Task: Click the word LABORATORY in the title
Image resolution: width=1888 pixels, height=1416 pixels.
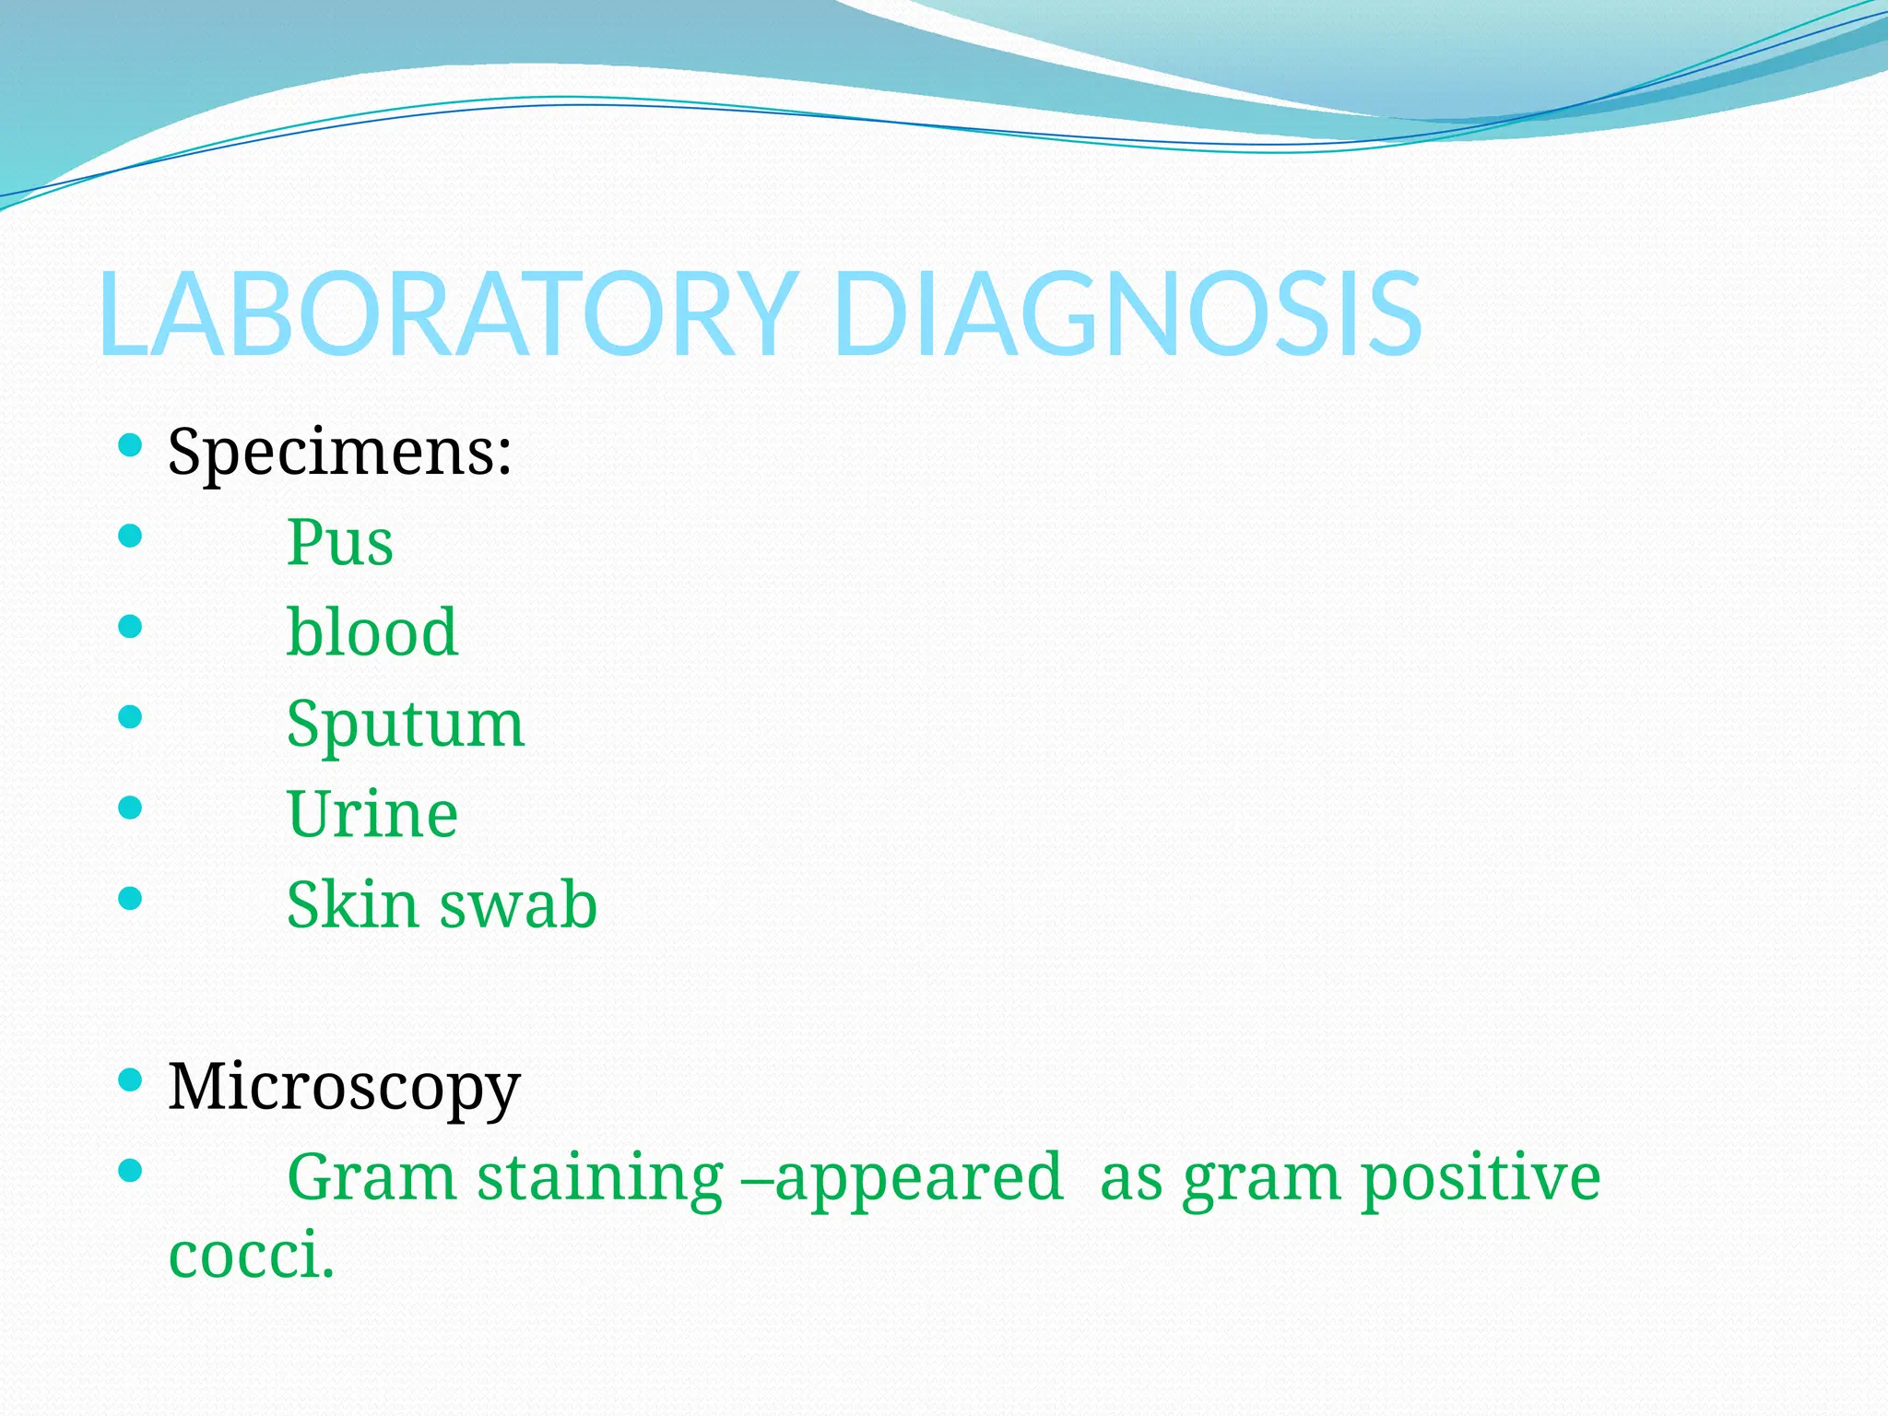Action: pos(447,313)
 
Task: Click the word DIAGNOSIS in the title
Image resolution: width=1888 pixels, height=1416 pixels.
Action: pos(1127,313)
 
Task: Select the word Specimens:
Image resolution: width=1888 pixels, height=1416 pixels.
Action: pos(339,453)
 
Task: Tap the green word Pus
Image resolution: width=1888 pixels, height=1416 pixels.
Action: pos(339,542)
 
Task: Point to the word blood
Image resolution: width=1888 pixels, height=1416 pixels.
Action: pos(372,632)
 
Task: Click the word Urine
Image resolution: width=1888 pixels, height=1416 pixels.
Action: pos(372,814)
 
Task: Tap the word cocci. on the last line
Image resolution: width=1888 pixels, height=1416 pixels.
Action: pos(251,1256)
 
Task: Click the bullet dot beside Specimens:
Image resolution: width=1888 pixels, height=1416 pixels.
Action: pos(131,446)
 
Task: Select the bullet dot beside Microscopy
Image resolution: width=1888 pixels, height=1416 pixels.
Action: pos(131,1080)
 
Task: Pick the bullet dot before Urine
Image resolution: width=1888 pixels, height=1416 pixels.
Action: pos(131,808)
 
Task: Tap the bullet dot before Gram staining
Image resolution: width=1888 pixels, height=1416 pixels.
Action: pos(131,1171)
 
